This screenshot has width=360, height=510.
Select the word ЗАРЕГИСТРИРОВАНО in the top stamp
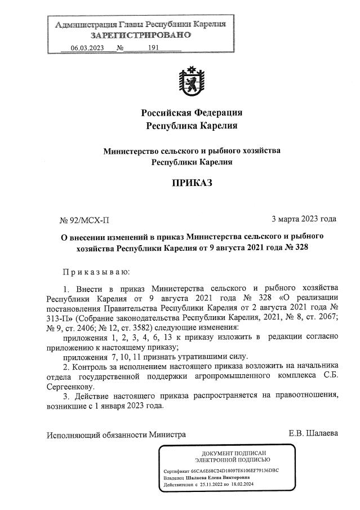tap(141, 35)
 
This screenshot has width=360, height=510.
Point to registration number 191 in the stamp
tap(154, 48)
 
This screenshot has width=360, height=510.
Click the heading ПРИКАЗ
tap(192, 183)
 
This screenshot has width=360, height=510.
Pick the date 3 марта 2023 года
tap(304, 219)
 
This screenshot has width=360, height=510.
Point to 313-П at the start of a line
tap(59, 317)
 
